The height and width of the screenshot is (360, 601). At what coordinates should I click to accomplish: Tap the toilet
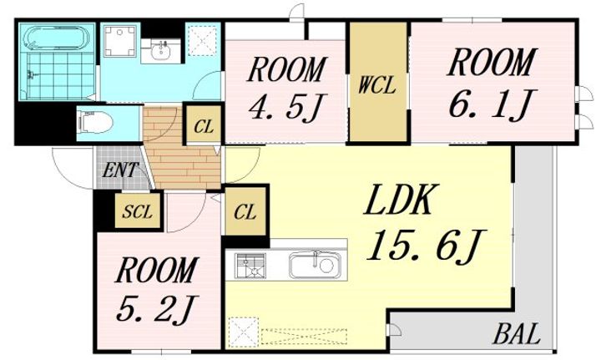95,122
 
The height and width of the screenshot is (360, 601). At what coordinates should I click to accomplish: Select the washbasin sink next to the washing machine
160,50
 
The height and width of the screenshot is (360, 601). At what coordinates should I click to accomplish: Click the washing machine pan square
121,40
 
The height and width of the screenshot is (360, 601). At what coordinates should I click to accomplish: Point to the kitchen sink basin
314,265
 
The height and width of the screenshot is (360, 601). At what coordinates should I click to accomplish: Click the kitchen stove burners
250,265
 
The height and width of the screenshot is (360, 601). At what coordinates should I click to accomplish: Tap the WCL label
376,86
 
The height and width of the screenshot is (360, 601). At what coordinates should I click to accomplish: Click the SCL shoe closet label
137,211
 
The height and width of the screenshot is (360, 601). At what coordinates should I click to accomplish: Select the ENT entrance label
120,170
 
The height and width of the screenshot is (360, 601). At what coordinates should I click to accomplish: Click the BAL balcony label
517,333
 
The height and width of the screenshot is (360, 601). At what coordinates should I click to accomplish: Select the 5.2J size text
157,309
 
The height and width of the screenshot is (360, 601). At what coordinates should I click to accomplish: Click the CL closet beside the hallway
204,126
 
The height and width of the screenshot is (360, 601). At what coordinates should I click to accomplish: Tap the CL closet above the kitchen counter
245,211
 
